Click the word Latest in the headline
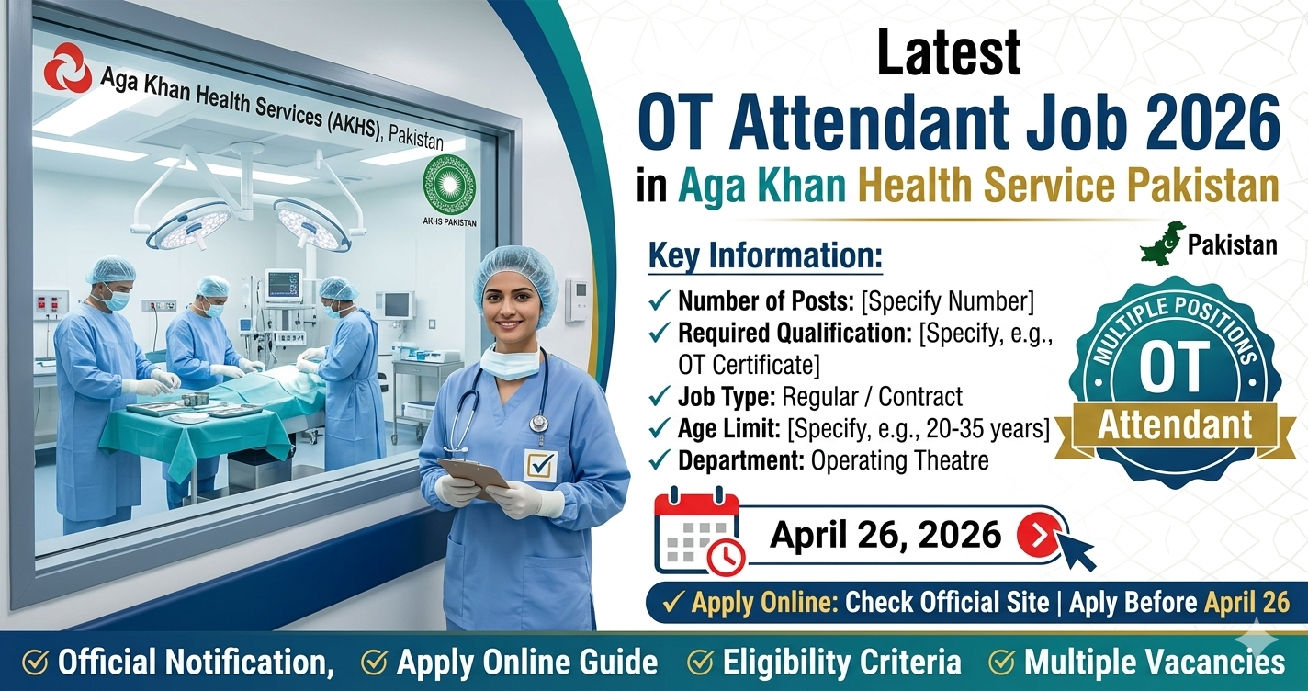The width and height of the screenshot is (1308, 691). click(x=948, y=53)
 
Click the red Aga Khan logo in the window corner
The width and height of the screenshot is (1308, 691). click(x=68, y=67)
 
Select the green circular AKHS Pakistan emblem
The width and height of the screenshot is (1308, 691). click(x=449, y=184)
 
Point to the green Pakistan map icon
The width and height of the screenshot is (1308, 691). click(x=1161, y=243)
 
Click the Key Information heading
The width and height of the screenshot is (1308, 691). click(x=765, y=257)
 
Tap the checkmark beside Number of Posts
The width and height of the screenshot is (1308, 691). click(x=660, y=301)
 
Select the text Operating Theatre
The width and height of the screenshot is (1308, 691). click(x=899, y=460)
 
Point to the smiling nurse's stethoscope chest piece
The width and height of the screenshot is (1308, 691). click(x=538, y=423)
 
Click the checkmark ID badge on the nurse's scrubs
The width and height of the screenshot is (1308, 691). click(x=540, y=464)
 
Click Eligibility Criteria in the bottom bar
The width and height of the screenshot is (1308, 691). click(x=841, y=663)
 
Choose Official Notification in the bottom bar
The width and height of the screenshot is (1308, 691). click(x=192, y=663)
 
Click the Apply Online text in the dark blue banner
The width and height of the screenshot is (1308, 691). click(x=761, y=603)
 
